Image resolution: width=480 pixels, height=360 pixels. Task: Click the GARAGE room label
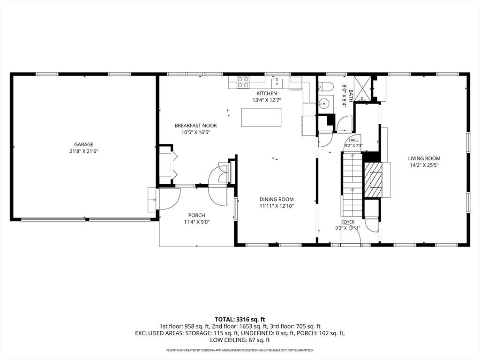point(84,144)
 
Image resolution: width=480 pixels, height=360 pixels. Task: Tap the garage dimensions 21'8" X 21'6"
point(83,151)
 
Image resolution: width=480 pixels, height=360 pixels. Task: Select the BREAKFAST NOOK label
point(195,126)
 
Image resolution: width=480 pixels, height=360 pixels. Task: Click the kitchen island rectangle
point(261,117)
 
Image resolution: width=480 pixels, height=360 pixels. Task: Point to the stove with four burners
point(243,82)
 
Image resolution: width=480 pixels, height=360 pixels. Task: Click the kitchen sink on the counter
point(277,82)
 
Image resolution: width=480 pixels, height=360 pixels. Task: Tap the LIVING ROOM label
point(424,158)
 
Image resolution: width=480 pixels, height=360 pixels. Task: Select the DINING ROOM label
point(277,199)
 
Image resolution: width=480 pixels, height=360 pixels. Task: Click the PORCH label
point(196,216)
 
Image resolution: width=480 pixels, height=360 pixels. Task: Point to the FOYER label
point(348,222)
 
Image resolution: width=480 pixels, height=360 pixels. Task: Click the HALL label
point(353,140)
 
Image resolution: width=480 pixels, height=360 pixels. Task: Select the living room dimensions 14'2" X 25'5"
point(424,165)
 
